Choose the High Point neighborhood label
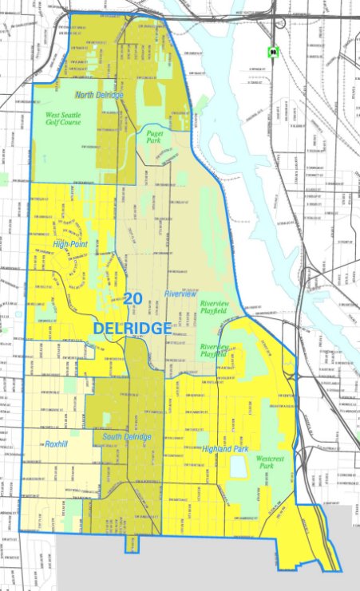(70, 244)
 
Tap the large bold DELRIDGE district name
(132, 328)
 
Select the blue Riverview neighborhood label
(180, 294)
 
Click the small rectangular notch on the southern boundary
(131, 544)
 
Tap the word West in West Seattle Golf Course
(53, 116)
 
